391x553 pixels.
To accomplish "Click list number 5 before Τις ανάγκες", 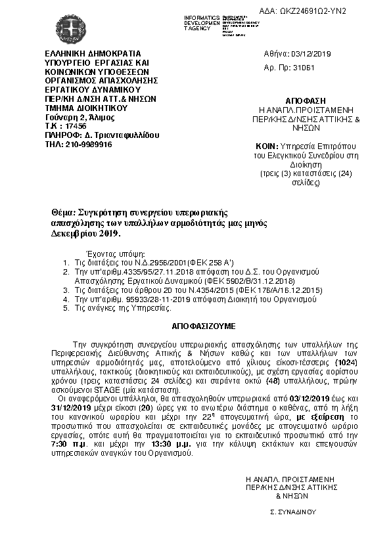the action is (66, 307).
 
